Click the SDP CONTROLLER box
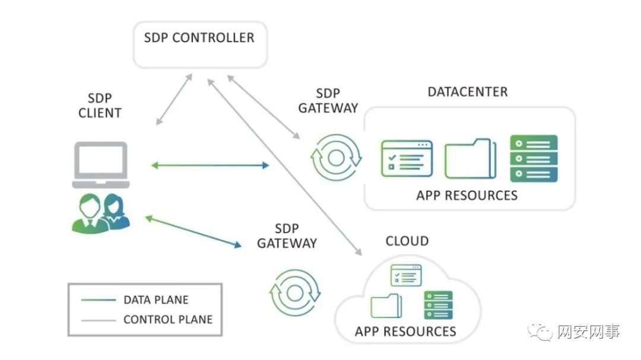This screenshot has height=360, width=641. [199, 44]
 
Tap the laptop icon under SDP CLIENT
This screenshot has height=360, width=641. [100, 165]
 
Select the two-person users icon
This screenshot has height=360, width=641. [100, 212]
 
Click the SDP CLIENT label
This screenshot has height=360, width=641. [100, 104]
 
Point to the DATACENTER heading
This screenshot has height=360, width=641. [468, 93]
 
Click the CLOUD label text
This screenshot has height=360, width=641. [407, 241]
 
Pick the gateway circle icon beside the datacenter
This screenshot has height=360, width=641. [336, 157]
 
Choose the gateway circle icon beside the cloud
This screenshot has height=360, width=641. [295, 292]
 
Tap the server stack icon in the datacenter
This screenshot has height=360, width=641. [534, 158]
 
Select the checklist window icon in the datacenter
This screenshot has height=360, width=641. [407, 158]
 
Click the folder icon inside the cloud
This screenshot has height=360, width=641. [386, 305]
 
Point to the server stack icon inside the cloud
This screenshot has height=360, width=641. [438, 305]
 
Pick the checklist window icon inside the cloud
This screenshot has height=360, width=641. [406, 276]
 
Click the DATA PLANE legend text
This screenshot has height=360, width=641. [156, 300]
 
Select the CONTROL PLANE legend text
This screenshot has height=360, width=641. [167, 320]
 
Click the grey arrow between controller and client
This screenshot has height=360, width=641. [174, 99]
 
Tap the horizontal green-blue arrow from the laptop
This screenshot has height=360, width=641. [210, 165]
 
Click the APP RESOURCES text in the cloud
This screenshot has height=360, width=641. [405, 331]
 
